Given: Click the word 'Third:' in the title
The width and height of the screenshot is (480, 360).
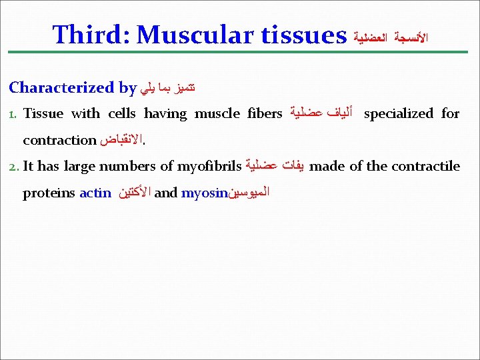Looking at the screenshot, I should tap(91, 34).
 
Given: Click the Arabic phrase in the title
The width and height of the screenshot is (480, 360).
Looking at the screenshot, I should tap(390, 37).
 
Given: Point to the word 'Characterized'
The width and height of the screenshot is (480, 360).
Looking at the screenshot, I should tap(61, 87).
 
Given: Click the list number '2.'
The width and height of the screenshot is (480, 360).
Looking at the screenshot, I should tap(14, 167).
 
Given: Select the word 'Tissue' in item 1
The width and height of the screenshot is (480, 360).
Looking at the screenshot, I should tap(43, 113).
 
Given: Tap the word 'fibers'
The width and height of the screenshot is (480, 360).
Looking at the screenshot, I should tap(265, 113).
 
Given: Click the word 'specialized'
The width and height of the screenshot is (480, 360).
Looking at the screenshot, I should tap(399, 113).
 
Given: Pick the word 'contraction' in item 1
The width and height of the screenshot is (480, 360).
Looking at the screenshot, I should tap(59, 140).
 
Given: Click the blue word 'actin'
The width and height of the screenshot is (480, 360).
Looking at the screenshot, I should tap(95, 193).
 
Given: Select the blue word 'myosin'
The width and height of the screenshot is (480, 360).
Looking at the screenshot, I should tap(204, 193).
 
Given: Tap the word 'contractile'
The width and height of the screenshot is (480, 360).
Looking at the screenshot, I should tap(427, 166).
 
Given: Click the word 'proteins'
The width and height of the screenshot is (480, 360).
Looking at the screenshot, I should tap(49, 193).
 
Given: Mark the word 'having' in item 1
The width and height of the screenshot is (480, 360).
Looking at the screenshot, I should tap(165, 113).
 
